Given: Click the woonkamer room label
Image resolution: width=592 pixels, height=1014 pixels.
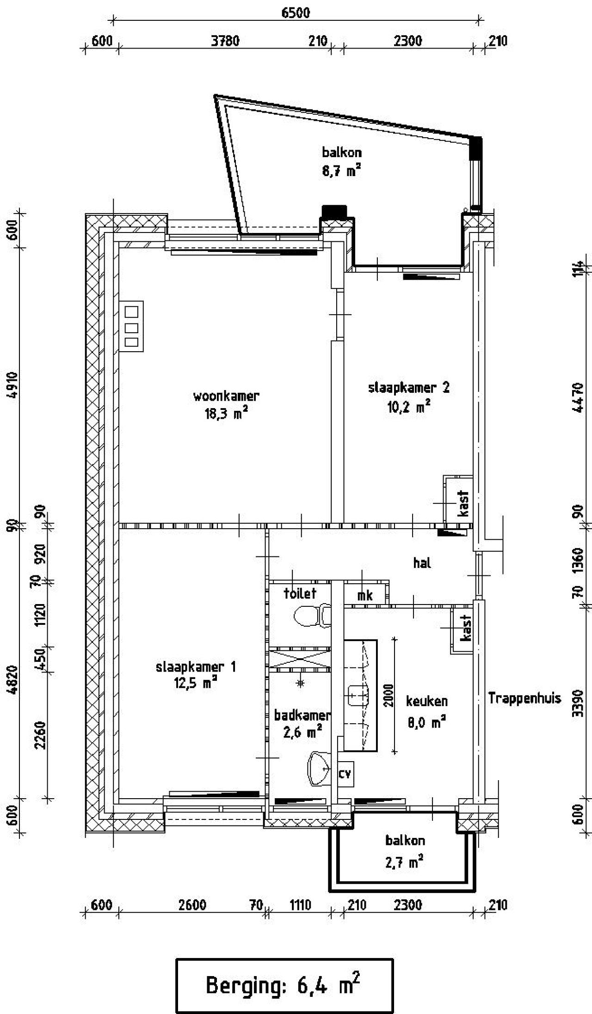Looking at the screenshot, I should click(226, 396).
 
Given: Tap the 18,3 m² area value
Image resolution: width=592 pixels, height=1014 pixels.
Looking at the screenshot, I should click(226, 413).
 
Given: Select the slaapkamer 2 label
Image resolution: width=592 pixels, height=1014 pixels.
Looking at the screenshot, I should click(408, 387).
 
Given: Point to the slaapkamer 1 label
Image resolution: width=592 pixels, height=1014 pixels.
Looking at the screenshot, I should click(196, 666).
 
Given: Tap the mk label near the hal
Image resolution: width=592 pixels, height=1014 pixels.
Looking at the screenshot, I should click(365, 596).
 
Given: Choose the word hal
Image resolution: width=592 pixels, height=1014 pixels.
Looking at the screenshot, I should click(422, 563).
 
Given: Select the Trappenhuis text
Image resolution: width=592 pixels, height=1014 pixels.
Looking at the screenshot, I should click(524, 698).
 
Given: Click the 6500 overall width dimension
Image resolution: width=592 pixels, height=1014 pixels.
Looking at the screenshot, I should click(296, 12).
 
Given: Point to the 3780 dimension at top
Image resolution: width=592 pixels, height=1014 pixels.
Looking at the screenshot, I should click(225, 41).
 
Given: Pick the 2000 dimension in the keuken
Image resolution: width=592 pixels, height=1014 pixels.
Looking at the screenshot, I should click(388, 695).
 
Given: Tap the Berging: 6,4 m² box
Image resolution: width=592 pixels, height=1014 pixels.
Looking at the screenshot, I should click(284, 985).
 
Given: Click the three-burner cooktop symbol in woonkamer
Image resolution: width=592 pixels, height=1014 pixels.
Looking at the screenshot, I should click(131, 326).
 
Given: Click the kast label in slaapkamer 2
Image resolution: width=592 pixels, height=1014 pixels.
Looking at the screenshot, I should click(463, 504).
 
